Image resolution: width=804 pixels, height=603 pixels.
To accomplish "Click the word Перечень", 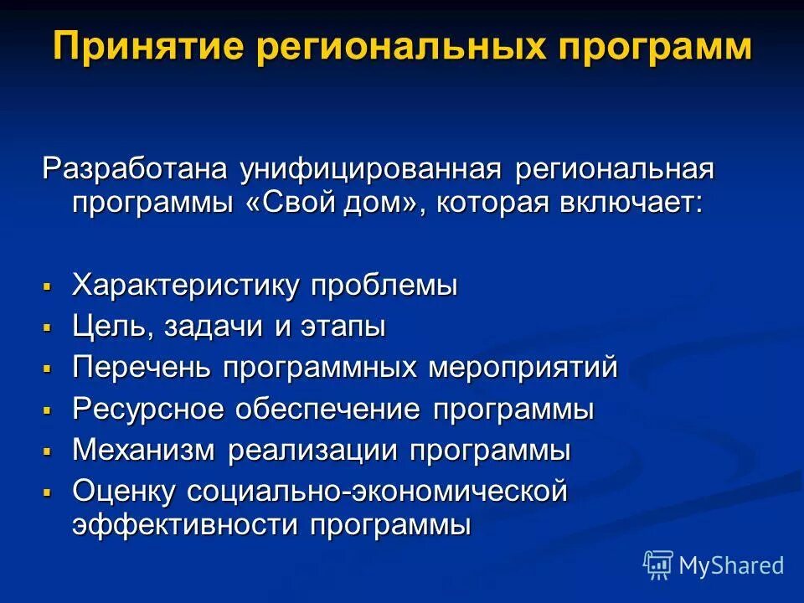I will [x=141, y=368].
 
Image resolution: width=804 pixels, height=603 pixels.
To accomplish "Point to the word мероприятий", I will [x=524, y=368].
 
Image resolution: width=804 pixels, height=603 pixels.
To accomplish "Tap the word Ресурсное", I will [x=149, y=410].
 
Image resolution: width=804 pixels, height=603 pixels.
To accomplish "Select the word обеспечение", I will [x=331, y=410].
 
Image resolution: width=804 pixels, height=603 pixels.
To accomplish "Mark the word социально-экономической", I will [x=378, y=492].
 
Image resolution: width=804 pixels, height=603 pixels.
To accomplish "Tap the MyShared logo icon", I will [x=658, y=565].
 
